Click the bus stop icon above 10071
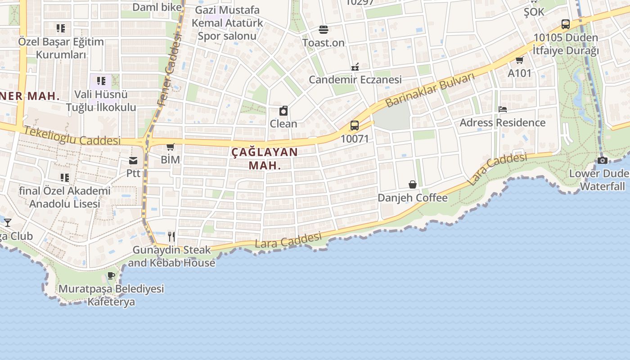355,126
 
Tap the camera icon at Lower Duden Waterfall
603,160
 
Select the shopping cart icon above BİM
170,147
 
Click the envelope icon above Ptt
133,161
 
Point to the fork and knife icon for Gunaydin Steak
171,236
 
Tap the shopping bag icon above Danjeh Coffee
412,184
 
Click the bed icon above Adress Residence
503,109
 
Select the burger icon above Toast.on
323,30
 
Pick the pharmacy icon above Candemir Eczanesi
355,67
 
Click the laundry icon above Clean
283,111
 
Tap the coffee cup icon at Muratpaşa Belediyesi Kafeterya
111,275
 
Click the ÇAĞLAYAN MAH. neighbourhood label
265,158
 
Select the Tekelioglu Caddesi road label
72,136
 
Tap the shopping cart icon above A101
519,60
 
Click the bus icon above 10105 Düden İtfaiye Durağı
566,24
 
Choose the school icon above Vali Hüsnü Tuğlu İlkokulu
101,81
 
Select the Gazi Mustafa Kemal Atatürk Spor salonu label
227,23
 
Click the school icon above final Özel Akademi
65,178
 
